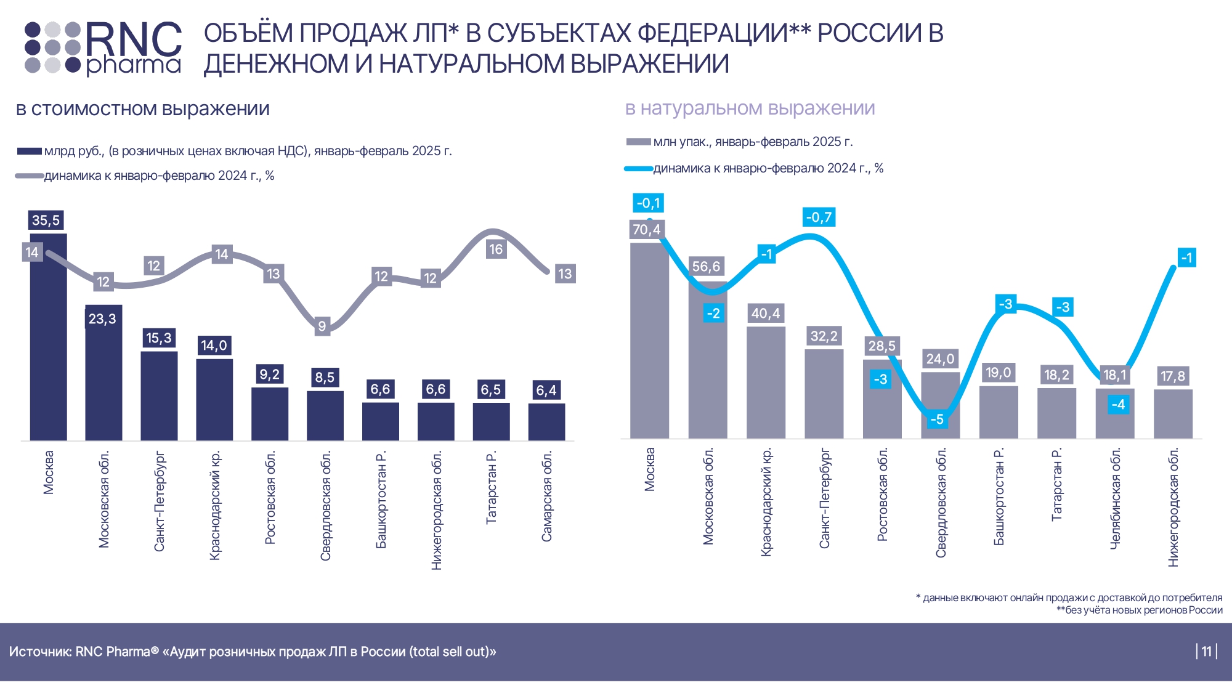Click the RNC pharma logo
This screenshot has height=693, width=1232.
[103, 48]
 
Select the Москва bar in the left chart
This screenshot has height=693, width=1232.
[48, 345]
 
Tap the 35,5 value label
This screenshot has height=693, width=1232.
[46, 221]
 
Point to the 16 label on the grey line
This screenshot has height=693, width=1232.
[496, 249]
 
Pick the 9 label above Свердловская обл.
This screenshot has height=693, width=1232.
[322, 326]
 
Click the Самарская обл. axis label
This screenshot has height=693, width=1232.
[547, 496]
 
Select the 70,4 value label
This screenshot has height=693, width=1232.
[646, 230]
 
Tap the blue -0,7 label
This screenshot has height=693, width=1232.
[819, 217]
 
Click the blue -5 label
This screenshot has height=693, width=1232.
[937, 419]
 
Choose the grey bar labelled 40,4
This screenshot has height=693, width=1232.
[766, 382]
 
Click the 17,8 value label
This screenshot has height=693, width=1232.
[1172, 376]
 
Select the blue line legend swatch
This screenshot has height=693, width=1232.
[638, 169]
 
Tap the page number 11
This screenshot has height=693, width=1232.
[1206, 652]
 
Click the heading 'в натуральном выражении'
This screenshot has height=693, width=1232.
[750, 108]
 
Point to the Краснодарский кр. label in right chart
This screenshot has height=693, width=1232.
[766, 503]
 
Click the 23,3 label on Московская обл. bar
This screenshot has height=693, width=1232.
[102, 319]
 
